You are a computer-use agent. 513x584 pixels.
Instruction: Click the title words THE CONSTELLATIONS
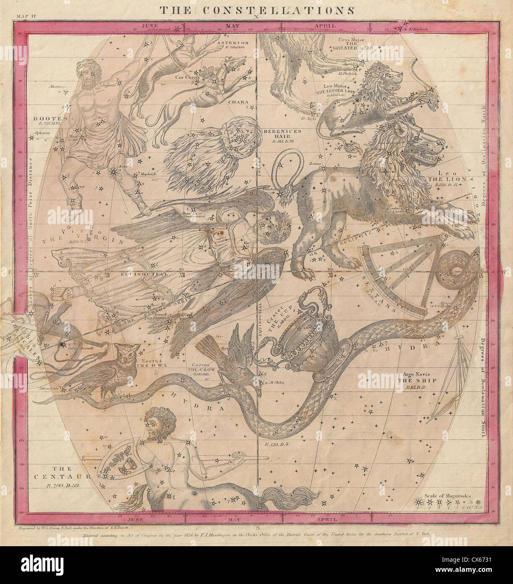[x=256, y=10]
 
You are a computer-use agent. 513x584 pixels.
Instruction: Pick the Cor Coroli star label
[x=187, y=77]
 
